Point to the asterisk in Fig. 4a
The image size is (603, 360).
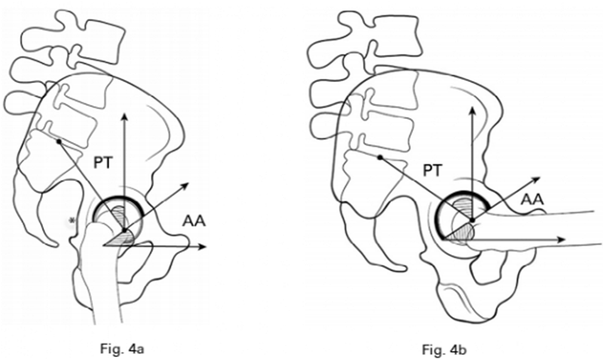coord(72,220)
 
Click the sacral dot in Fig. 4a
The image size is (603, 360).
coord(58,141)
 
